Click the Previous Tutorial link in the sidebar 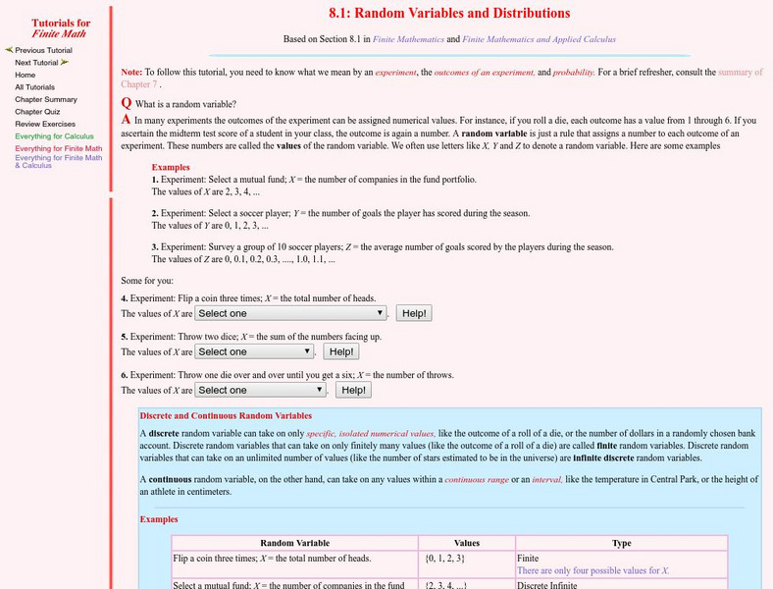[x=43, y=50]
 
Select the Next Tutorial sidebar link [x=36, y=62]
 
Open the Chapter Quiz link [x=36, y=112]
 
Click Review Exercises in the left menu [x=44, y=124]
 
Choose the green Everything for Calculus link [x=54, y=136]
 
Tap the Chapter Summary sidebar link [x=46, y=99]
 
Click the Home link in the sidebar [x=26, y=75]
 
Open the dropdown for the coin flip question [x=290, y=313]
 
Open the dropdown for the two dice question [x=254, y=351]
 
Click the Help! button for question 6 [x=354, y=390]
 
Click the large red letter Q [x=126, y=103]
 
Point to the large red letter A [x=126, y=119]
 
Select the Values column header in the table [x=466, y=542]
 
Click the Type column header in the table [x=621, y=542]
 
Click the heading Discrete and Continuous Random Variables [x=226, y=416]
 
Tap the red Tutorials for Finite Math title [x=61, y=28]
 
